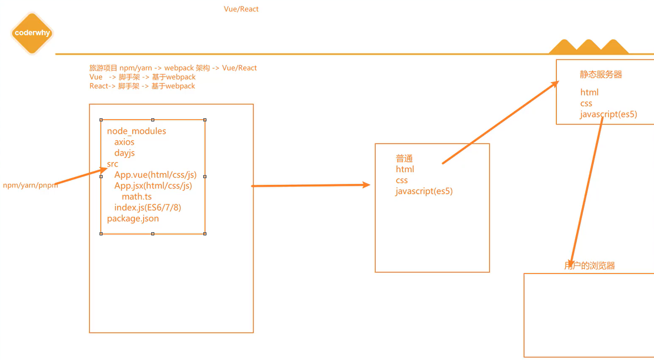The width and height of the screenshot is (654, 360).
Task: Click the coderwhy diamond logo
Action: pyautogui.click(x=32, y=33)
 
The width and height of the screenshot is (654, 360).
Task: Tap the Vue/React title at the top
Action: pyautogui.click(x=241, y=9)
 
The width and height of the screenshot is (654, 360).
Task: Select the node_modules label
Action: pyautogui.click(x=136, y=131)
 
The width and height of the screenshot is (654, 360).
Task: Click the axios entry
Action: pyautogui.click(x=124, y=142)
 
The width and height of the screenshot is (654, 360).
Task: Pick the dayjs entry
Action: pyautogui.click(x=124, y=153)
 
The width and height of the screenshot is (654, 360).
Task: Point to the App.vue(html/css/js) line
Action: pyautogui.click(x=155, y=175)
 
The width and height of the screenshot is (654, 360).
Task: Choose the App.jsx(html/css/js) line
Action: pyautogui.click(x=153, y=186)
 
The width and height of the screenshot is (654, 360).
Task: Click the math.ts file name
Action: pyautogui.click(x=137, y=196)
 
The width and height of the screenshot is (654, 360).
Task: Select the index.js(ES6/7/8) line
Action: pyautogui.click(x=148, y=207)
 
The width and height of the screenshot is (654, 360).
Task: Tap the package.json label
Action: pyautogui.click(x=133, y=218)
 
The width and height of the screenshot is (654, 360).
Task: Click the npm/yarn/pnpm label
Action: pyautogui.click(x=30, y=185)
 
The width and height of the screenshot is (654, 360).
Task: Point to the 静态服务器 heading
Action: pyautogui.click(x=601, y=74)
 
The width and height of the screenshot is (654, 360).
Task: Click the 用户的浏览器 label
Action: pyautogui.click(x=589, y=266)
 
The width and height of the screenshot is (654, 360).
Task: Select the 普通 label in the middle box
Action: pyautogui.click(x=404, y=158)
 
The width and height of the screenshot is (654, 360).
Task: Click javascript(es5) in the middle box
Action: pyautogui.click(x=424, y=191)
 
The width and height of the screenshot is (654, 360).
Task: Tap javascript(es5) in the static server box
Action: pyautogui.click(x=608, y=114)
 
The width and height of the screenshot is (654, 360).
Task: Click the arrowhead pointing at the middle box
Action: pyautogui.click(x=366, y=185)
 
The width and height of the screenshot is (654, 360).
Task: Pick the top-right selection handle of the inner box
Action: pyautogui.click(x=205, y=120)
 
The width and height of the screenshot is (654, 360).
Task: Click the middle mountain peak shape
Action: pyautogui.click(x=588, y=47)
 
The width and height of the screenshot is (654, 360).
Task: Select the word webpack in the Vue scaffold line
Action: pyautogui.click(x=181, y=77)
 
